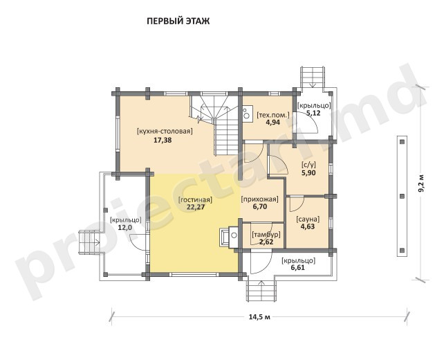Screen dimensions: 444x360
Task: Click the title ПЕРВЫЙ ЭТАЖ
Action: [178, 21]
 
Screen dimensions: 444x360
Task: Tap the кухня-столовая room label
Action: [165, 132]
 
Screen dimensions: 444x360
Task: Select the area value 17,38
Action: [163, 140]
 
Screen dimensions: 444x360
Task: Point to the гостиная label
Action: [195, 199]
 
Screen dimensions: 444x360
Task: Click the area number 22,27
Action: [196, 207]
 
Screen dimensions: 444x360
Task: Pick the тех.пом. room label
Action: [273, 115]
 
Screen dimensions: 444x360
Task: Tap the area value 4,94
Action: [272, 123]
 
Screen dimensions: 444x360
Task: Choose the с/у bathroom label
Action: [308, 165]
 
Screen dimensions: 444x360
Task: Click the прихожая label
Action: [259, 199]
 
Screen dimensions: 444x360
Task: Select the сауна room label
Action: [308, 219]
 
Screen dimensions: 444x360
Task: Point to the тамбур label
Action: [266, 235]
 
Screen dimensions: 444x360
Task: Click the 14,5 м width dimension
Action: [259, 316]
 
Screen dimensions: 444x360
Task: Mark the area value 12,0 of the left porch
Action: [125, 227]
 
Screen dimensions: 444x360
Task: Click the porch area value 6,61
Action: [297, 268]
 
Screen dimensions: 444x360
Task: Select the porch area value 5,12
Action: [313, 113]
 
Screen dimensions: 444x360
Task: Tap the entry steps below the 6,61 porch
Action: [261, 289]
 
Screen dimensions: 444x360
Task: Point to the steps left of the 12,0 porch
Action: [89, 242]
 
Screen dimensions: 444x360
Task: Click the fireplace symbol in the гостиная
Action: [230, 237]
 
